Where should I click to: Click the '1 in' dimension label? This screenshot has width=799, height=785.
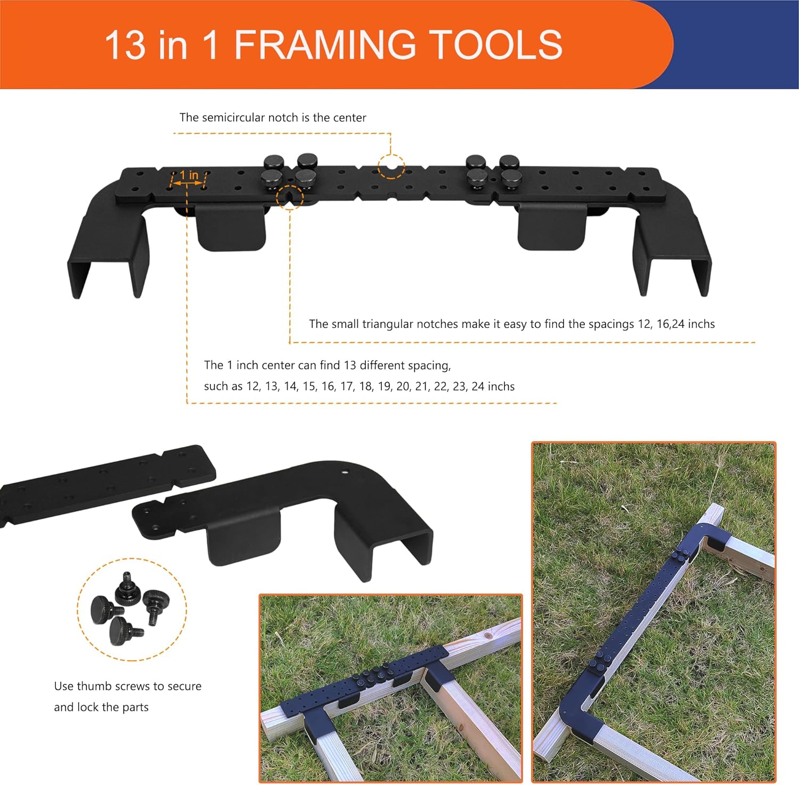(189, 175)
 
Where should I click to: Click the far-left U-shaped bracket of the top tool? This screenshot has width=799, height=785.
(107, 245)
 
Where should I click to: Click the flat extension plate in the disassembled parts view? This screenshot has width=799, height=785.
(107, 485)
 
